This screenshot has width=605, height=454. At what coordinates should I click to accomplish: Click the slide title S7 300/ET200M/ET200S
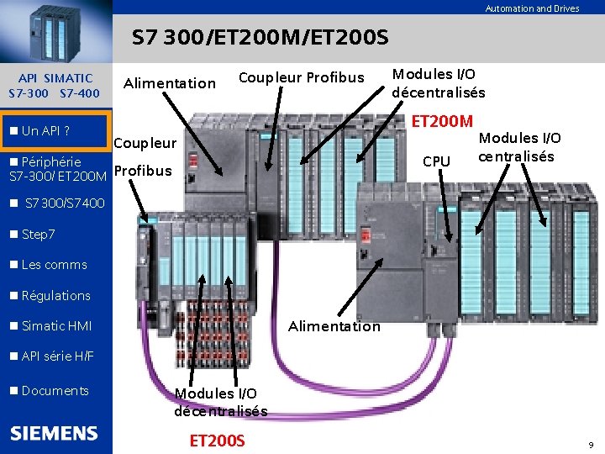(260, 39)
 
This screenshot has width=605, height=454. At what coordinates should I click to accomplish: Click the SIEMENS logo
(55, 434)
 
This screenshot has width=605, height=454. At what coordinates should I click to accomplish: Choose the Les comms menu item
(54, 265)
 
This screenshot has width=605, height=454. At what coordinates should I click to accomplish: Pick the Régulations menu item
(55, 296)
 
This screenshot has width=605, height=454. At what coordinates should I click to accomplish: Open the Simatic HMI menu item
(56, 326)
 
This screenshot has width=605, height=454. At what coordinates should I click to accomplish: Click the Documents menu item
(55, 391)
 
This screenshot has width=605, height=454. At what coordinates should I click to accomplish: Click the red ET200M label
(443, 122)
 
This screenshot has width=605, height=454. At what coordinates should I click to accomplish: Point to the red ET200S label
(218, 440)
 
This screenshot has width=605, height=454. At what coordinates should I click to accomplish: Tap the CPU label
(436, 161)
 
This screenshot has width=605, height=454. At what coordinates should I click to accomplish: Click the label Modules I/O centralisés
(519, 147)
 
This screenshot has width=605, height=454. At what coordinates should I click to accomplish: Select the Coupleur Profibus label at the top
(301, 78)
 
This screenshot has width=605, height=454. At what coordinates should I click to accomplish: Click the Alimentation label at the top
(170, 82)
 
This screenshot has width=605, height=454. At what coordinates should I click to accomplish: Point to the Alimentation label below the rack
(334, 326)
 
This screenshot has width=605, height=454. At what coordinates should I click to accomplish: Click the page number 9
(591, 444)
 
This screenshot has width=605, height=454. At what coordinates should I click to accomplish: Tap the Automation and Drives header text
(532, 8)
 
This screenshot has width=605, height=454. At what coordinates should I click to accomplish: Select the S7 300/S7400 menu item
(65, 203)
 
